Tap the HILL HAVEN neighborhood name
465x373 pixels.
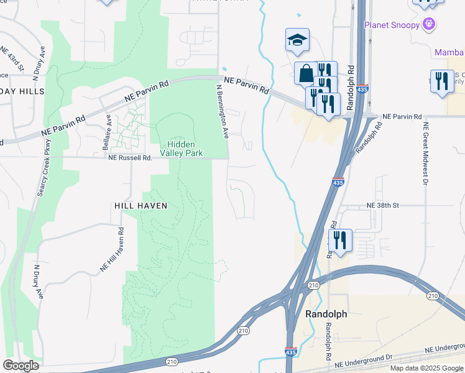[x=141, y=205]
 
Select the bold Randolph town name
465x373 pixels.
[x=326, y=315]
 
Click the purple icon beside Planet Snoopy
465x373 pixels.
[x=428, y=24]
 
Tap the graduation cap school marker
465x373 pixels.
[x=297, y=40]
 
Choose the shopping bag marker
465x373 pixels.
[x=306, y=73]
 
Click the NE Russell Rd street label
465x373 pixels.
[x=130, y=158]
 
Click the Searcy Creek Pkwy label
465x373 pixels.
[x=44, y=175]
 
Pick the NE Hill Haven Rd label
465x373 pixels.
[x=113, y=248]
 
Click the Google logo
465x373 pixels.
[x=21, y=366]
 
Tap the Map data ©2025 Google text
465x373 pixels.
[x=426, y=368]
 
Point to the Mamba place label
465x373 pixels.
[x=449, y=52]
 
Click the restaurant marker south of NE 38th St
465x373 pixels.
[x=339, y=241]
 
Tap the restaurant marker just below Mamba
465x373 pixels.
[x=441, y=81]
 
